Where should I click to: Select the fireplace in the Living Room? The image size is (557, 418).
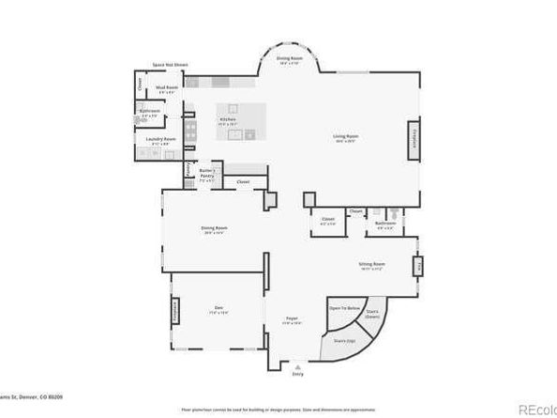coord(408,135)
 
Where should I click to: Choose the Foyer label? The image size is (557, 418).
coord(292,320)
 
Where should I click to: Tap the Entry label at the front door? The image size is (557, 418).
coord(299,373)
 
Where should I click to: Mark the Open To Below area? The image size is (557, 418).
coord(344,308)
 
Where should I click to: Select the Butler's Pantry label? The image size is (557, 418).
coord(206,173)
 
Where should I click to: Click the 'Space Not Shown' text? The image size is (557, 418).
coord(170,66)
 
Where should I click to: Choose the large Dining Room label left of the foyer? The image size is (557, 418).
coord(215,229)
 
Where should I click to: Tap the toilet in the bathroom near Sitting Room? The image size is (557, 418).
coord(397,215)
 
